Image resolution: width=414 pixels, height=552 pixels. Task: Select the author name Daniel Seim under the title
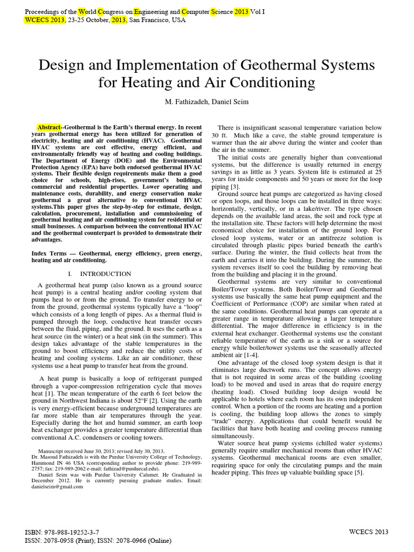click(232, 102)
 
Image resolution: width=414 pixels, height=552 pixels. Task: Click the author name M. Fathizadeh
click(189, 102)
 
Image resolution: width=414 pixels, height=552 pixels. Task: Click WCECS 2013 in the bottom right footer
click(373, 532)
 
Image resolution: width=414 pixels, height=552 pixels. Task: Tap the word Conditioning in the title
click(273, 83)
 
